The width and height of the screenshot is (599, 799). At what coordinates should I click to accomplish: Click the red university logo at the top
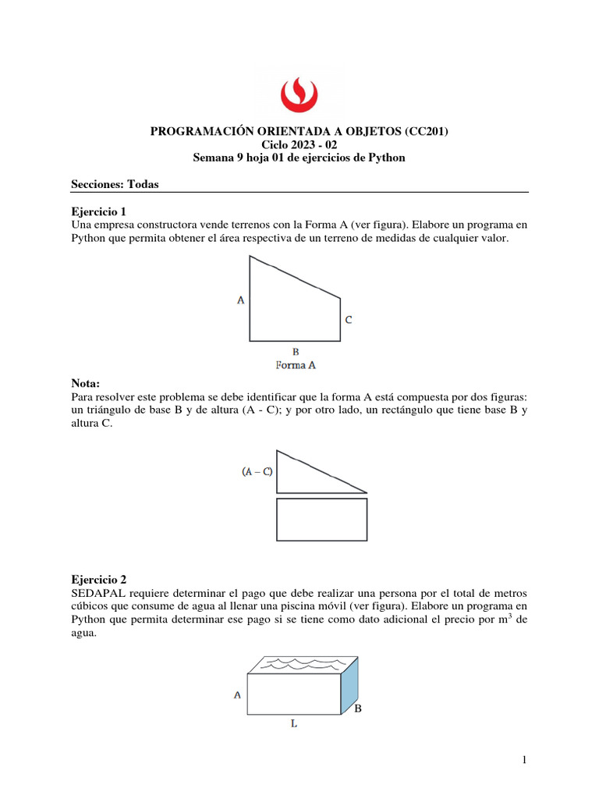(299, 93)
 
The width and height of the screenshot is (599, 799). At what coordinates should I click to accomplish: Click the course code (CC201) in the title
(426, 131)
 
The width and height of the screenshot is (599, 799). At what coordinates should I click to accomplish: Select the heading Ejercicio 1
(97, 211)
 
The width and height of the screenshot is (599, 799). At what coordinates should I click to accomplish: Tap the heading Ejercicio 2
(97, 580)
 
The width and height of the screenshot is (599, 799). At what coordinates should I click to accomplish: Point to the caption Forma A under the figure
(295, 364)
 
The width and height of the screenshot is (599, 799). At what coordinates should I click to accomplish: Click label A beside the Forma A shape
(240, 298)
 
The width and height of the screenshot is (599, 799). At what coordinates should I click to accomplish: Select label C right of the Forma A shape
(349, 319)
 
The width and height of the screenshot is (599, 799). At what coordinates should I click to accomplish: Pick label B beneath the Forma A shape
(296, 351)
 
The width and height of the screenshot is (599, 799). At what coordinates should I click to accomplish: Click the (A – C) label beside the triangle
(257, 472)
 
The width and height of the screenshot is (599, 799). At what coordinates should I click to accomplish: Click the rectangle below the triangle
(321, 519)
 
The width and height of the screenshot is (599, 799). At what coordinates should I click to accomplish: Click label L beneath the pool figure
(293, 724)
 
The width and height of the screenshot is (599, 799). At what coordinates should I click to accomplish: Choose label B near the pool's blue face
(358, 709)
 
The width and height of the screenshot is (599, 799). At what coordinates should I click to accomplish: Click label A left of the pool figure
(236, 694)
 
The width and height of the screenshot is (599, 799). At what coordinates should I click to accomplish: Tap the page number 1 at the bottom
(525, 761)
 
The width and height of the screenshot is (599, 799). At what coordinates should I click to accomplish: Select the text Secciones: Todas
(115, 184)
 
